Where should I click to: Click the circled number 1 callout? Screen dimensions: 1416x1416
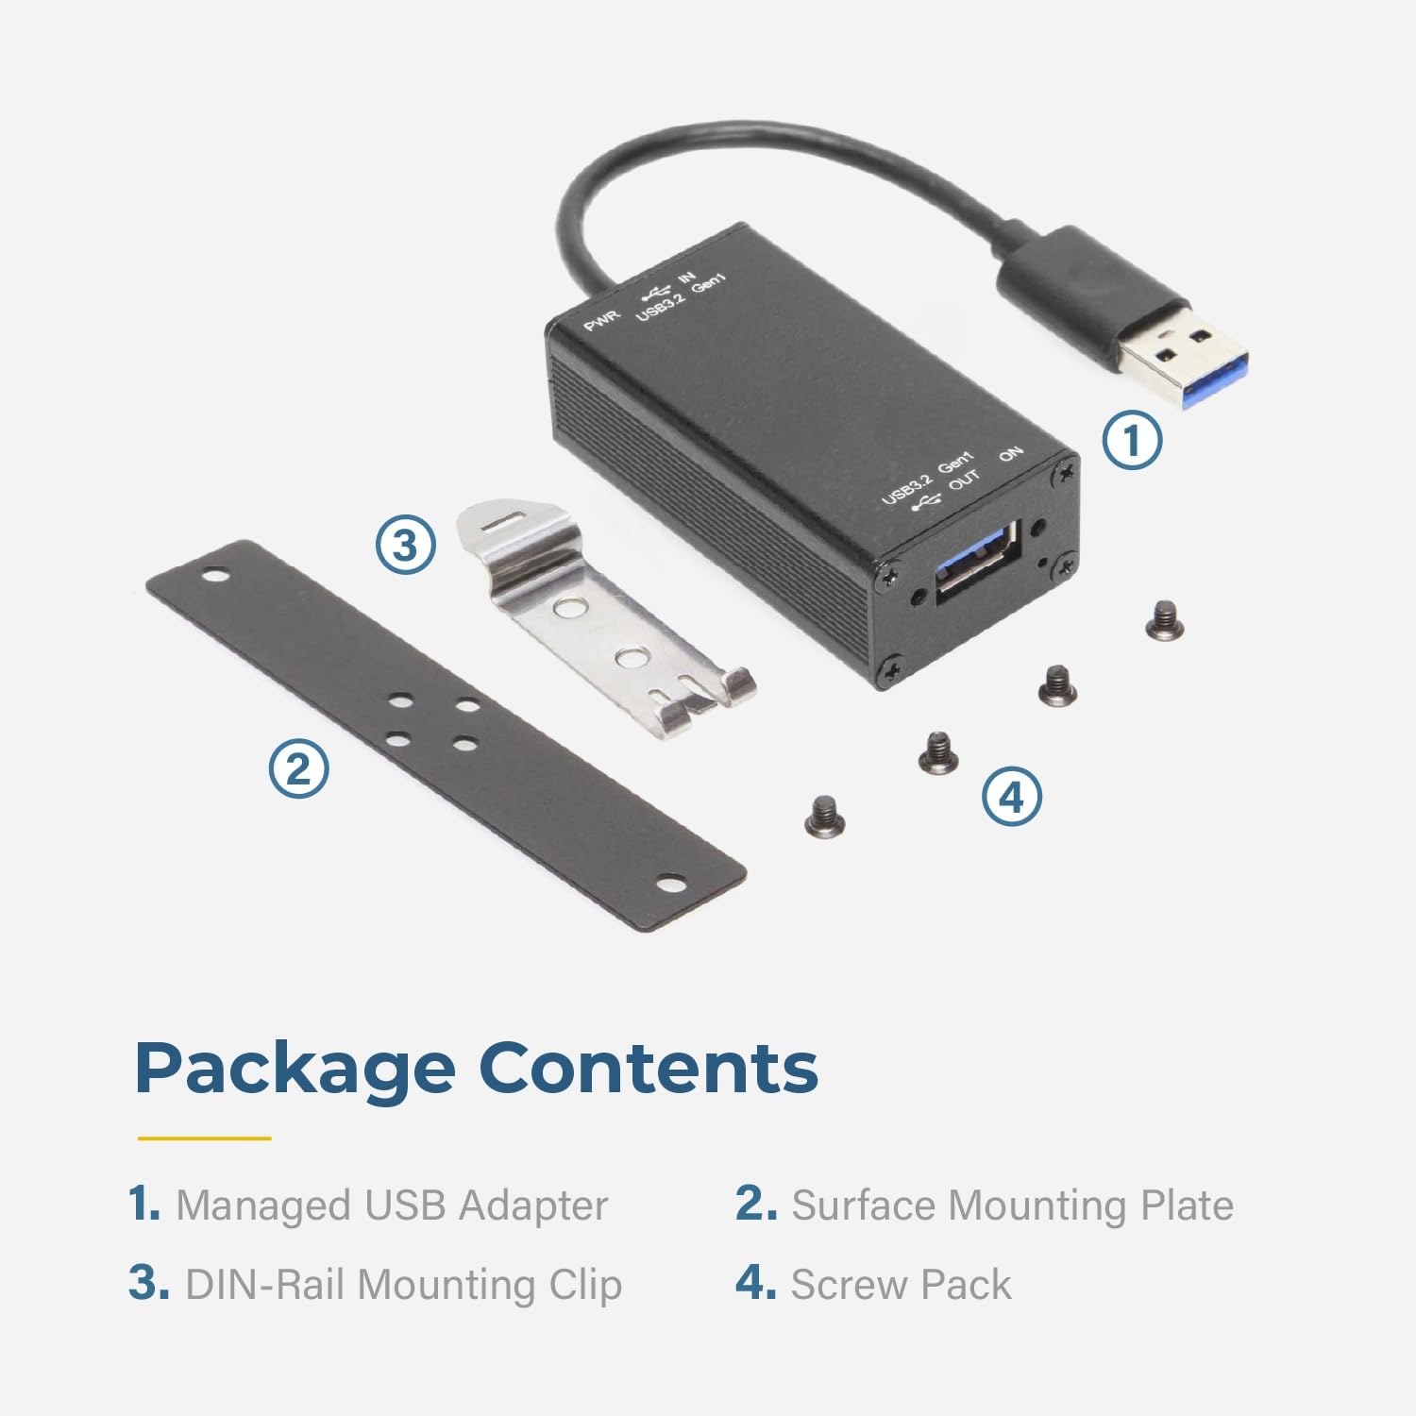pyautogui.click(x=1132, y=439)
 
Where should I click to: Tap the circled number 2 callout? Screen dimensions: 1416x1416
pyautogui.click(x=298, y=768)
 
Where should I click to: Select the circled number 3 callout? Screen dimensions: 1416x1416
pyautogui.click(x=405, y=545)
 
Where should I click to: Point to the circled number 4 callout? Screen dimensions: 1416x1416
pyautogui.click(x=1012, y=797)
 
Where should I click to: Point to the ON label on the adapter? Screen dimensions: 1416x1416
pyautogui.click(x=1011, y=454)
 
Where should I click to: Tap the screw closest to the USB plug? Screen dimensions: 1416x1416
pyautogui.click(x=1164, y=622)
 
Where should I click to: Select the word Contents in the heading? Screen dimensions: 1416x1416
pyautogui.click(x=649, y=1068)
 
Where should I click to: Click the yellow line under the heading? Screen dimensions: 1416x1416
pyautogui.click(x=204, y=1138)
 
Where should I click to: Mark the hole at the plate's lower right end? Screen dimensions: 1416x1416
pyautogui.click(x=671, y=885)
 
